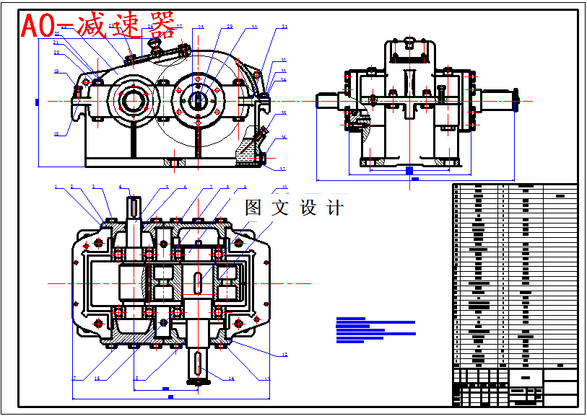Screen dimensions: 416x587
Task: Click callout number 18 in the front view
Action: [56, 133]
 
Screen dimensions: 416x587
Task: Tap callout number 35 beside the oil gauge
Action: [284, 113]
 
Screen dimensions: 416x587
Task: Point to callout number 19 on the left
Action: [56, 71]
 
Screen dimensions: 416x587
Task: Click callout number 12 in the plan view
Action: [284, 355]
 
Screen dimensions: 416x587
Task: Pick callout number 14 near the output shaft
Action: [231, 378]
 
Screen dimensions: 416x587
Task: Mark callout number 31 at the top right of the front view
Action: [284, 27]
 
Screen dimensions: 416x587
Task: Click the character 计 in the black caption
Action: [335, 208]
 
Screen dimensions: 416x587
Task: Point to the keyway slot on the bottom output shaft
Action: [196, 365]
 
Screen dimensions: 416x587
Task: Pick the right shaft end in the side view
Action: [499, 99]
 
